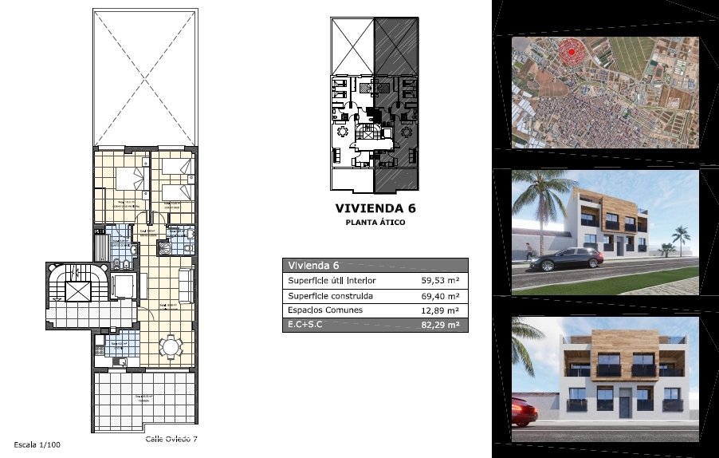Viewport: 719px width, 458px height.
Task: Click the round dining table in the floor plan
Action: [x=169, y=347]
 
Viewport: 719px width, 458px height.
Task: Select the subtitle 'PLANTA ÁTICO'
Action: [x=375, y=223]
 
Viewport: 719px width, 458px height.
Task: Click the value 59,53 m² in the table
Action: [x=439, y=281]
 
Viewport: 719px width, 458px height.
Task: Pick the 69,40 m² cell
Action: [x=439, y=296]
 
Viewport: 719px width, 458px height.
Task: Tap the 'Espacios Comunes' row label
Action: [x=325, y=310]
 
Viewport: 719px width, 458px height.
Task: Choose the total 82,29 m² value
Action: [x=439, y=325]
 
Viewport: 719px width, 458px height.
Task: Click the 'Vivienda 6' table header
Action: [x=314, y=266]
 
